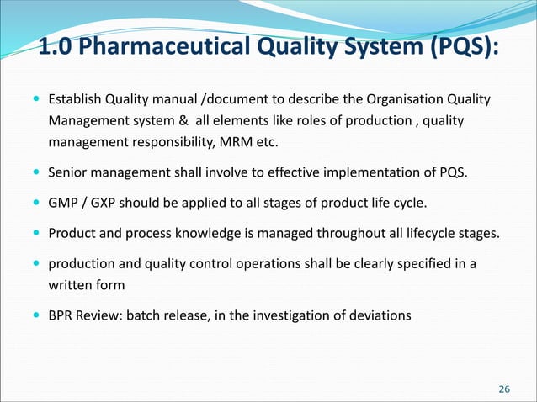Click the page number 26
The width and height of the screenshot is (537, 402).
tap(504, 388)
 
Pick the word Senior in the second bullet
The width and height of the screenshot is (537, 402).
tap(67, 174)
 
